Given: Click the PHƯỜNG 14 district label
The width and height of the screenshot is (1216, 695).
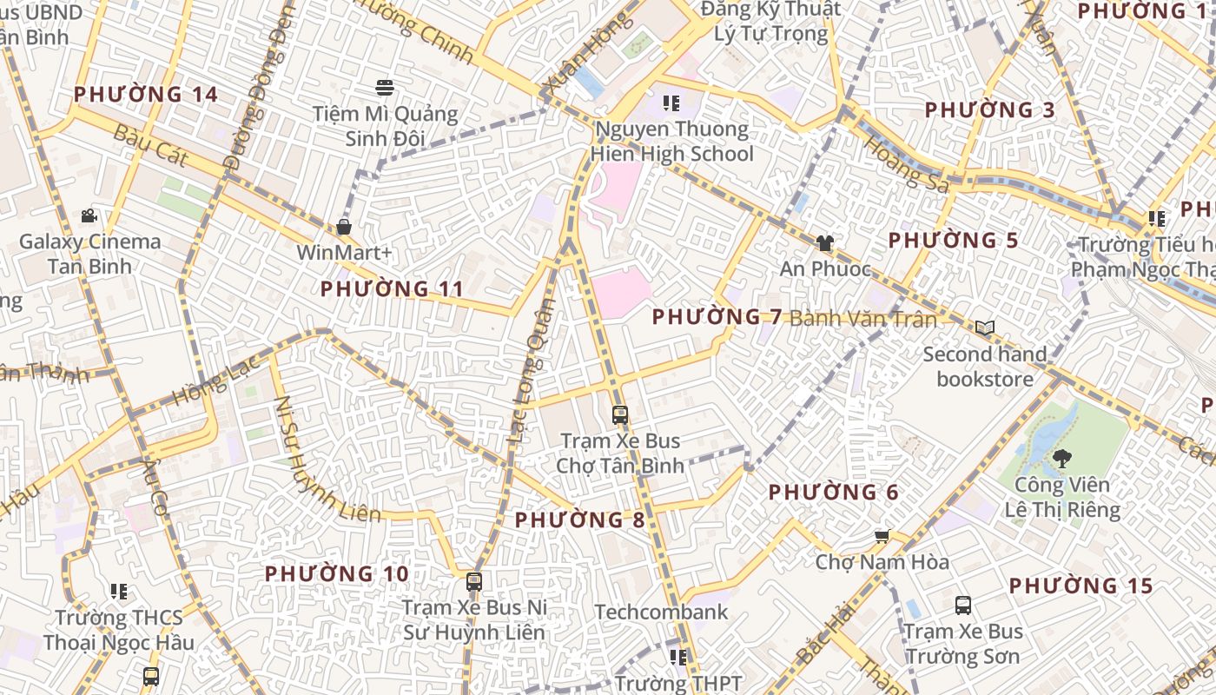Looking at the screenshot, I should (x=145, y=94).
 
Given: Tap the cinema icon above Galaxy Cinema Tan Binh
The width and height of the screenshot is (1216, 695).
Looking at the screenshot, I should (x=89, y=215).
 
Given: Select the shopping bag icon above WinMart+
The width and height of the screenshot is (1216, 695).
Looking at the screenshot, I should (x=344, y=227).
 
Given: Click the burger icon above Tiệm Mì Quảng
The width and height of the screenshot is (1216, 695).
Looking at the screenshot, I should (x=385, y=87).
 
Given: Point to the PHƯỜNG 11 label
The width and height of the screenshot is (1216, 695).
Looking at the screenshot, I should (x=392, y=288).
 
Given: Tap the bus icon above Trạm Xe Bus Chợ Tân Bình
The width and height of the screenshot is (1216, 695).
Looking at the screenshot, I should (x=619, y=414).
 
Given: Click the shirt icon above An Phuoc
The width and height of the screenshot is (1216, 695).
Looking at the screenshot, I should (x=824, y=243).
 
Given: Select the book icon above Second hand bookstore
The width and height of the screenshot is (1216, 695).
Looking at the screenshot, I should (x=984, y=328).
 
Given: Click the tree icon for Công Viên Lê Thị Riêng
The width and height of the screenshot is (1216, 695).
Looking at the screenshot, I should (x=1061, y=457).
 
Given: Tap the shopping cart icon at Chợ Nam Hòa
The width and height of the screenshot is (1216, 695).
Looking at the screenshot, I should (x=882, y=536).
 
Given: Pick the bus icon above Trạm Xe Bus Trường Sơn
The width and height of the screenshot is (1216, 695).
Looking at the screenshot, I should (x=962, y=605).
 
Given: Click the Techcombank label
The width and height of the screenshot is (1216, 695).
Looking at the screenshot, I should (x=662, y=612).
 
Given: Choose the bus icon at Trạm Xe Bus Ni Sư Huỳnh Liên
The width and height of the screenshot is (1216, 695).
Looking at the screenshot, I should (x=473, y=581).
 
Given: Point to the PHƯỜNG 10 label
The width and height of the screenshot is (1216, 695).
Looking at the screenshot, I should (x=336, y=574).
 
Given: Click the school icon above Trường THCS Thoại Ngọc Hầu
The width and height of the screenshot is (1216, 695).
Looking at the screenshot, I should (x=119, y=592).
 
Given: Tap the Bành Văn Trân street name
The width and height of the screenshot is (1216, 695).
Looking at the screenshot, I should (x=863, y=319).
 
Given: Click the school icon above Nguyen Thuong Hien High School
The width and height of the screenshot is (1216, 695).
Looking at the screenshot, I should (x=671, y=103).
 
